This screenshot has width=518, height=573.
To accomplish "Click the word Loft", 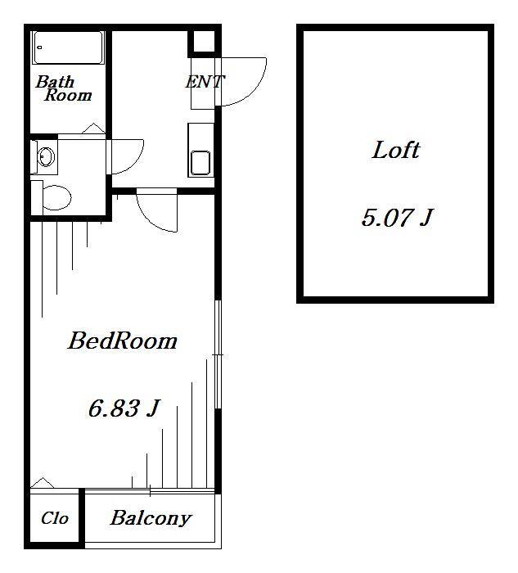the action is click(x=395, y=150).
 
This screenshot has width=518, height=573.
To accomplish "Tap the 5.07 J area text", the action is click(x=397, y=217).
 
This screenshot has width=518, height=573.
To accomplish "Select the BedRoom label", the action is click(x=123, y=341).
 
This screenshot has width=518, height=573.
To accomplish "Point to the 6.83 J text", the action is click(x=124, y=408).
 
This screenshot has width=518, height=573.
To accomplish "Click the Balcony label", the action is click(x=151, y=518).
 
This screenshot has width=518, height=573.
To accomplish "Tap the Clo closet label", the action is click(x=55, y=518).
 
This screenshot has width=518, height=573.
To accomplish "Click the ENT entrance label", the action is click(x=205, y=82).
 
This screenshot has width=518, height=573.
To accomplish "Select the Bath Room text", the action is click(x=64, y=88).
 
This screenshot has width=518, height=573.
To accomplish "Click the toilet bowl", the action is click(x=56, y=198).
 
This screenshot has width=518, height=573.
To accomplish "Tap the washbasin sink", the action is click(x=46, y=157).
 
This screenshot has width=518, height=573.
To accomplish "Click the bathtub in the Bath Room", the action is click(x=68, y=47).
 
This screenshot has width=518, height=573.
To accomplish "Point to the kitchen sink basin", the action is click(x=200, y=163).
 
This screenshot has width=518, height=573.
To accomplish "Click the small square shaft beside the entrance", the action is click(x=204, y=41).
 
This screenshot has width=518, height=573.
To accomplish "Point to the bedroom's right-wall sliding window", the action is click(x=218, y=354).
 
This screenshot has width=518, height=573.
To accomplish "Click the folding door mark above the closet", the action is click(x=43, y=483).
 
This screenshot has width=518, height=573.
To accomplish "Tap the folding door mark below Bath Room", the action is click(x=93, y=129).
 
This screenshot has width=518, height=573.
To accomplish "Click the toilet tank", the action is click(x=37, y=198).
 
